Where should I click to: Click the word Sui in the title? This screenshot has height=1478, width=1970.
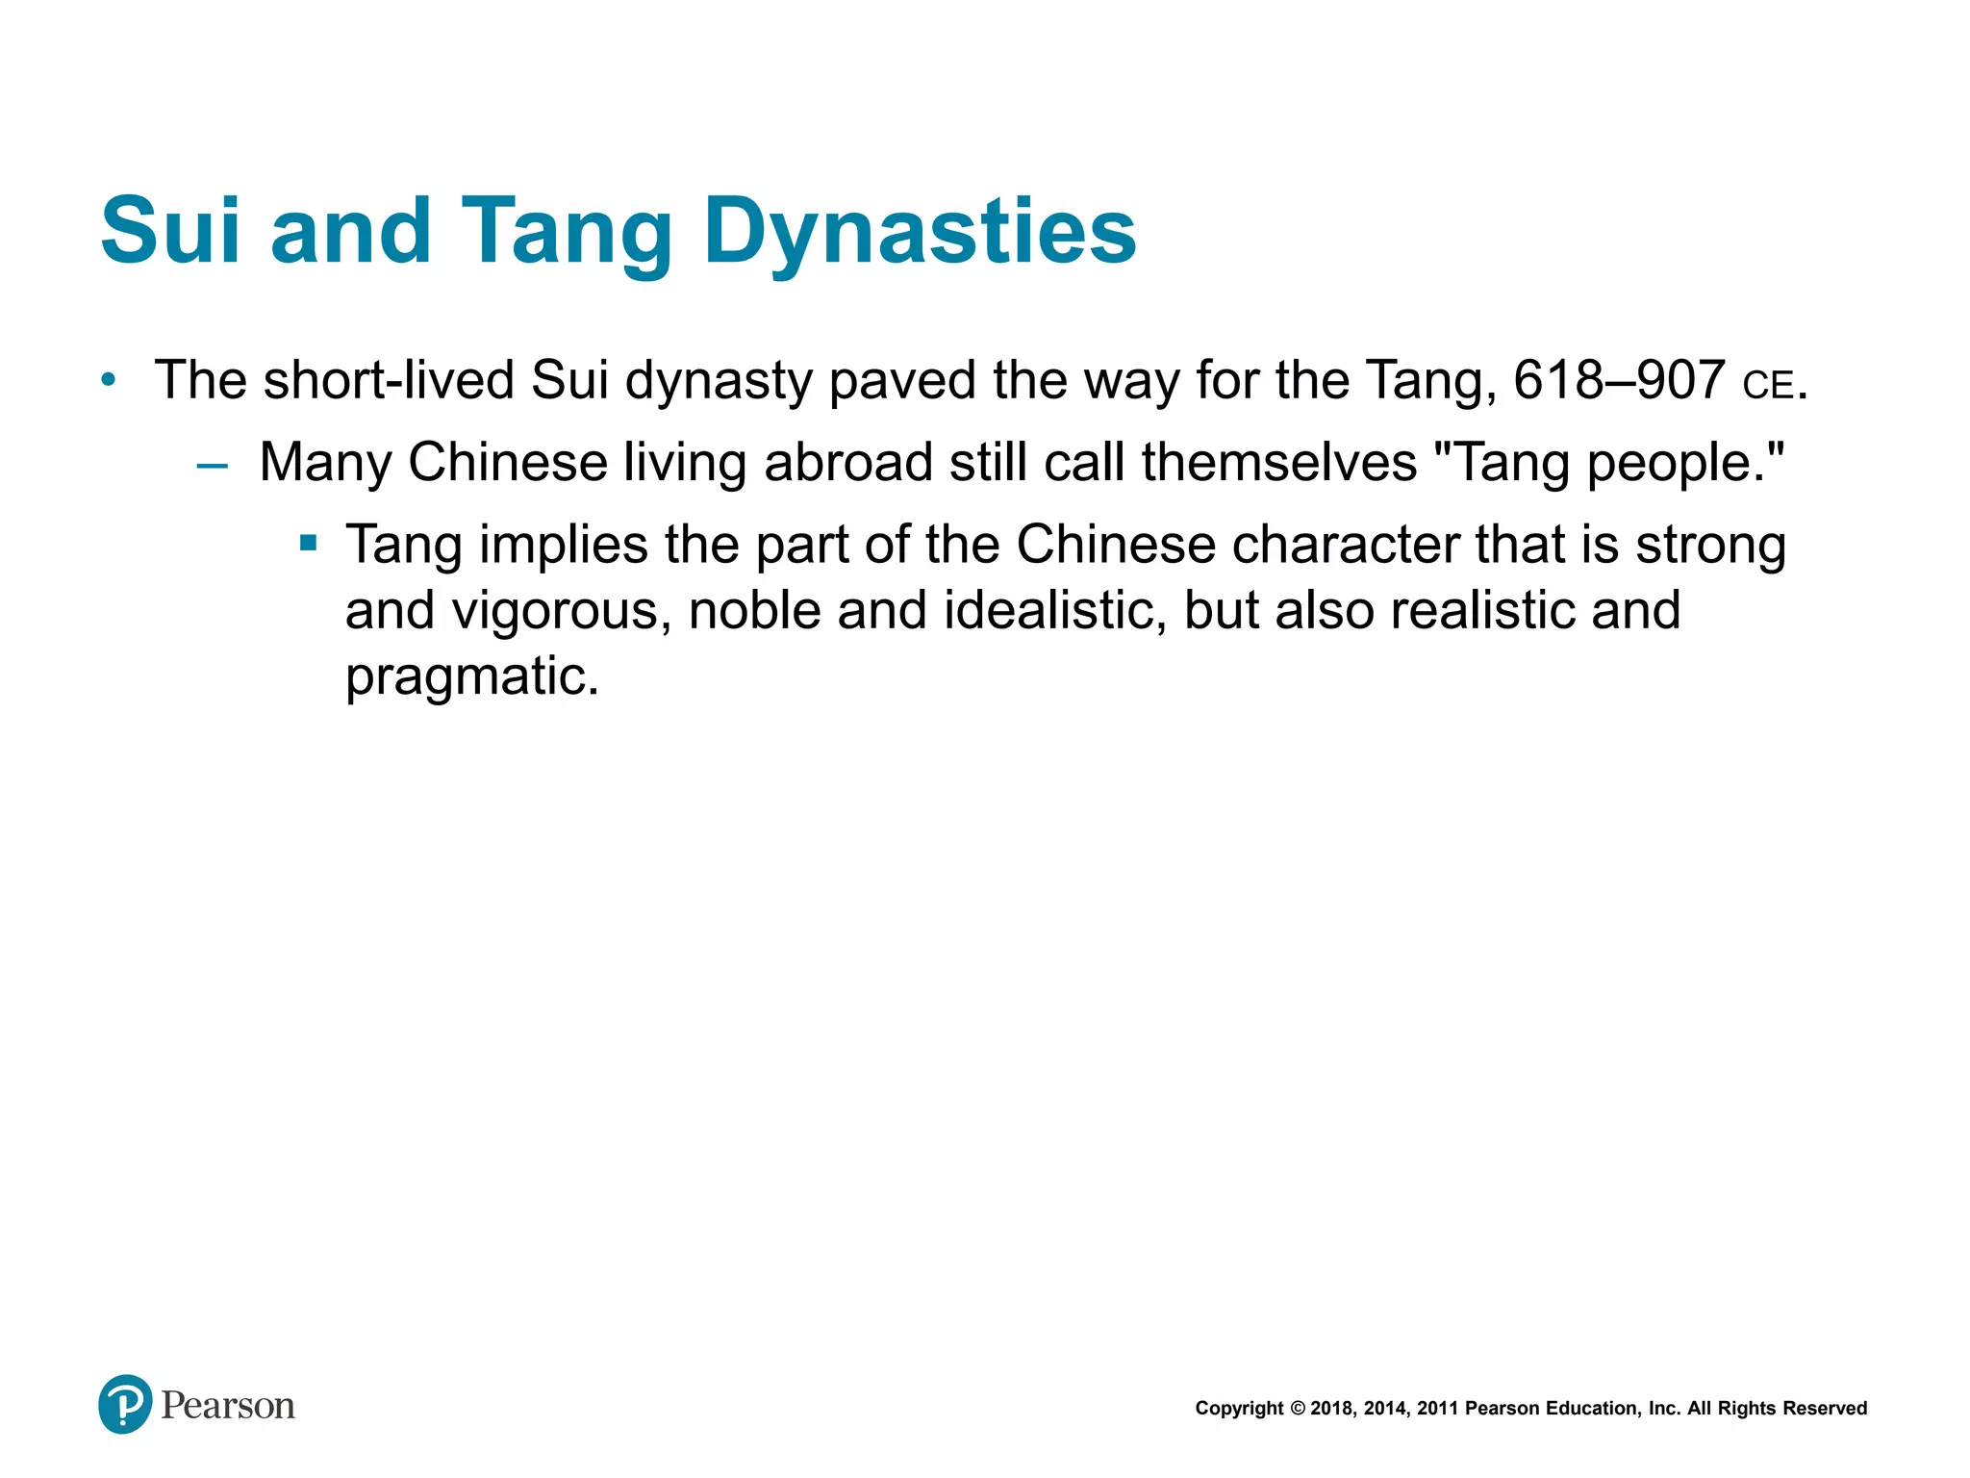[169, 231]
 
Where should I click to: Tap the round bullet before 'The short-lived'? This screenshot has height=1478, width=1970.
[110, 381]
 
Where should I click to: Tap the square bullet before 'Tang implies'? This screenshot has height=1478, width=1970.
[309, 545]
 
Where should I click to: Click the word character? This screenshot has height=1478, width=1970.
[1345, 545]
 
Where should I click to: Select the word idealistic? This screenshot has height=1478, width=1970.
[1054, 611]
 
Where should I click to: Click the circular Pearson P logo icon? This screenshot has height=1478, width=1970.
[125, 1404]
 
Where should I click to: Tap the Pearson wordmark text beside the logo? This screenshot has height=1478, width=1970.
[228, 1406]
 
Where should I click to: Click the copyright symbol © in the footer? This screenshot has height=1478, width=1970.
[1297, 1409]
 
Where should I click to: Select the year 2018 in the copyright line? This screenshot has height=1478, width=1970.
[1331, 1409]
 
